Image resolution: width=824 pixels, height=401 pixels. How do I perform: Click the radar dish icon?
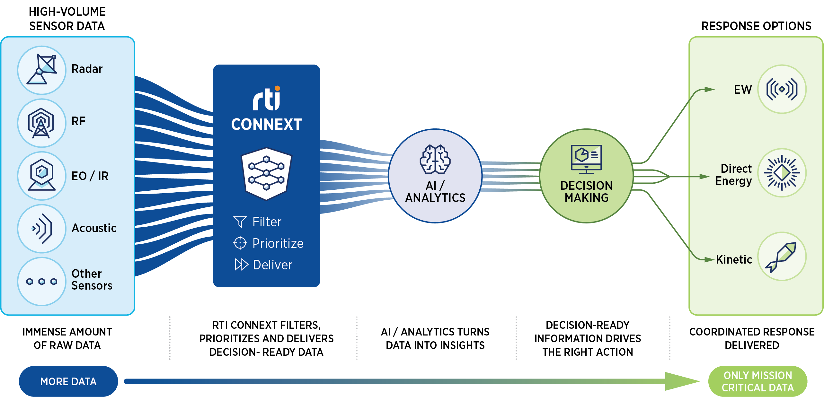click(41, 69)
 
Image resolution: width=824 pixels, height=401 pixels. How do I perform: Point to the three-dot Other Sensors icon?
click(42, 282)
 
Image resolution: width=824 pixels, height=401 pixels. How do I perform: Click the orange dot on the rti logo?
click(277, 88)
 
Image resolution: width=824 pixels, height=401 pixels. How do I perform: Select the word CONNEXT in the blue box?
click(266, 124)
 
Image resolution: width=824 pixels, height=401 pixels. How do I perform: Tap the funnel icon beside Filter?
click(240, 222)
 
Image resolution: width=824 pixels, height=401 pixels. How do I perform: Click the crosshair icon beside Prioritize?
click(240, 243)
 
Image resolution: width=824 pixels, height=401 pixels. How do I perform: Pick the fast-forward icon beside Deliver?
click(242, 264)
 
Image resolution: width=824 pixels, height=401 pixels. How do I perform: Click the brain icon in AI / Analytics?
click(435, 159)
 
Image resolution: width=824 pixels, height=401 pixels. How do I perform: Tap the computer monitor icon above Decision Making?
click(586, 159)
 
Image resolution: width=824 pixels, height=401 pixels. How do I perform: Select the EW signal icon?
click(782, 89)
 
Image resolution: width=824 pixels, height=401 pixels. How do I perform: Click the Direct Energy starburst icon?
click(782, 173)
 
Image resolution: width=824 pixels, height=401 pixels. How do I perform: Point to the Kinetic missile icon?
click(781, 257)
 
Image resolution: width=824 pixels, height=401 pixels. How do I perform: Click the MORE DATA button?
click(68, 381)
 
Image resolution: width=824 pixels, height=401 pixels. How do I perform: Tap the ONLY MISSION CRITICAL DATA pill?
click(758, 381)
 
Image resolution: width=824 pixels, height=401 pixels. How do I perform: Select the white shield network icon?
click(266, 174)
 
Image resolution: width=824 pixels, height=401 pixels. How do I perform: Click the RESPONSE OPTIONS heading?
click(756, 26)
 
